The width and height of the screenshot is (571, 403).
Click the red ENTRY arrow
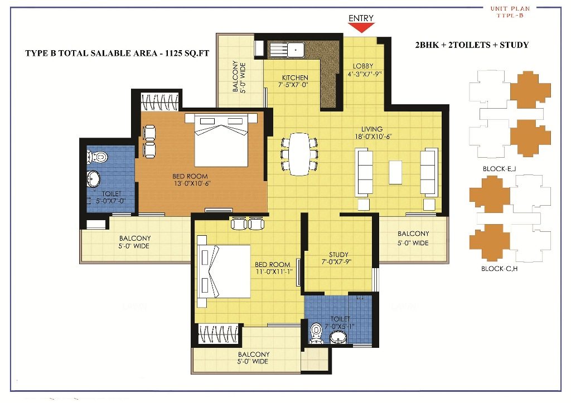click(361, 27)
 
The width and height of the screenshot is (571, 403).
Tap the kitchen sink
click(296, 49)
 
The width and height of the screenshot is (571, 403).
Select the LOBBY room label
click(363, 66)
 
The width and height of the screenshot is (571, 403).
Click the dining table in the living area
click(299, 154)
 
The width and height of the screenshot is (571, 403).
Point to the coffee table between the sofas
click(395, 172)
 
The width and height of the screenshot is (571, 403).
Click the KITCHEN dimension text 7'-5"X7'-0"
click(293, 85)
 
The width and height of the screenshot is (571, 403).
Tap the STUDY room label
click(338, 255)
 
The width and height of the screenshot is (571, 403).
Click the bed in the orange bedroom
click(221, 140)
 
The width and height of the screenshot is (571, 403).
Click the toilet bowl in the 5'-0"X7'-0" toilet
click(98, 157)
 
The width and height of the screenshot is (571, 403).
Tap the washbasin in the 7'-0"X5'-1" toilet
click(338, 337)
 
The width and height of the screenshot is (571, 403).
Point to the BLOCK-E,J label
click(499, 169)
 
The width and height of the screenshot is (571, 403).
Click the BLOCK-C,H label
click(499, 269)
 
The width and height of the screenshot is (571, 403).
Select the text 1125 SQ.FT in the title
click(187, 53)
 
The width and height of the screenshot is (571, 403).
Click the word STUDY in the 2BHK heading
click(514, 45)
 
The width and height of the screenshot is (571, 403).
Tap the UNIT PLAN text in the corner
click(510, 8)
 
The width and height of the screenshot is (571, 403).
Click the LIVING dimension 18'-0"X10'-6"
click(373, 137)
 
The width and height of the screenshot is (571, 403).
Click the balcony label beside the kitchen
click(239, 77)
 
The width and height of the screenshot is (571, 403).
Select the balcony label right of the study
click(413, 238)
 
